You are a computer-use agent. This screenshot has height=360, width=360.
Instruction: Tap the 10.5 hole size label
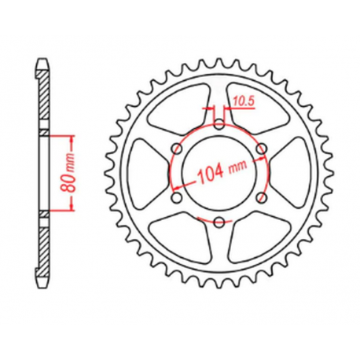point(241,101)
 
